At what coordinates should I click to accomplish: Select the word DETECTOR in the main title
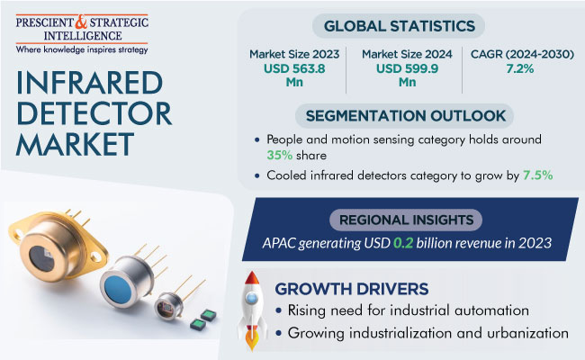coord(94,114)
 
